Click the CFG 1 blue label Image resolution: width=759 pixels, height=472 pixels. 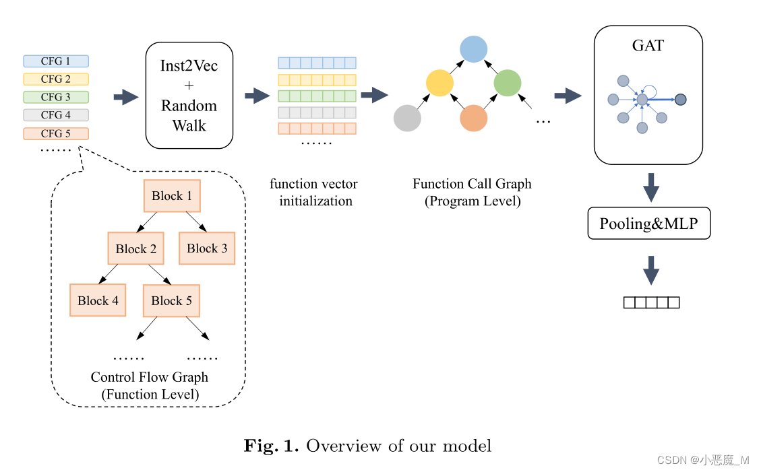click(x=56, y=61)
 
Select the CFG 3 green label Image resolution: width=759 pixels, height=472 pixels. click(x=56, y=97)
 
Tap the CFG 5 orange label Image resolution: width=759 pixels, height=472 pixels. click(x=56, y=133)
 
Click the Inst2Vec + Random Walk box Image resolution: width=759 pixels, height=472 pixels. click(x=189, y=95)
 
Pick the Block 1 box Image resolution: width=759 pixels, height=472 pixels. click(x=172, y=196)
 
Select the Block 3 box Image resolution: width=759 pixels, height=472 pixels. click(x=207, y=248)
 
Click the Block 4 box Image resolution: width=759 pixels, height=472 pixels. click(x=98, y=301)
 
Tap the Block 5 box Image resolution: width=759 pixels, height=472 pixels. click(x=171, y=301)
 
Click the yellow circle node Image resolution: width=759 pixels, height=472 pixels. click(x=439, y=83)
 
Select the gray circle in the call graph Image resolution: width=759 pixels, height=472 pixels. click(x=407, y=118)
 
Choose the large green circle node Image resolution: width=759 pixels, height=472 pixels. click(x=508, y=83)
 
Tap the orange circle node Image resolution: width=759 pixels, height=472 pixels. click(x=473, y=118)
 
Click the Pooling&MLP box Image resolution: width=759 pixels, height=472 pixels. click(x=649, y=224)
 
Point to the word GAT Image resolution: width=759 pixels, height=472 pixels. click(x=648, y=46)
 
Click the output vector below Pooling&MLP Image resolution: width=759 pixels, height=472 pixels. click(x=650, y=302)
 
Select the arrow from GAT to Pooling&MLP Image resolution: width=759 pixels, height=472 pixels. click(x=650, y=187)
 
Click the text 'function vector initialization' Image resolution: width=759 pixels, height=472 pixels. click(x=314, y=192)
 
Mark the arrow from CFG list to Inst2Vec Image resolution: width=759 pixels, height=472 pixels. click(x=125, y=97)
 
